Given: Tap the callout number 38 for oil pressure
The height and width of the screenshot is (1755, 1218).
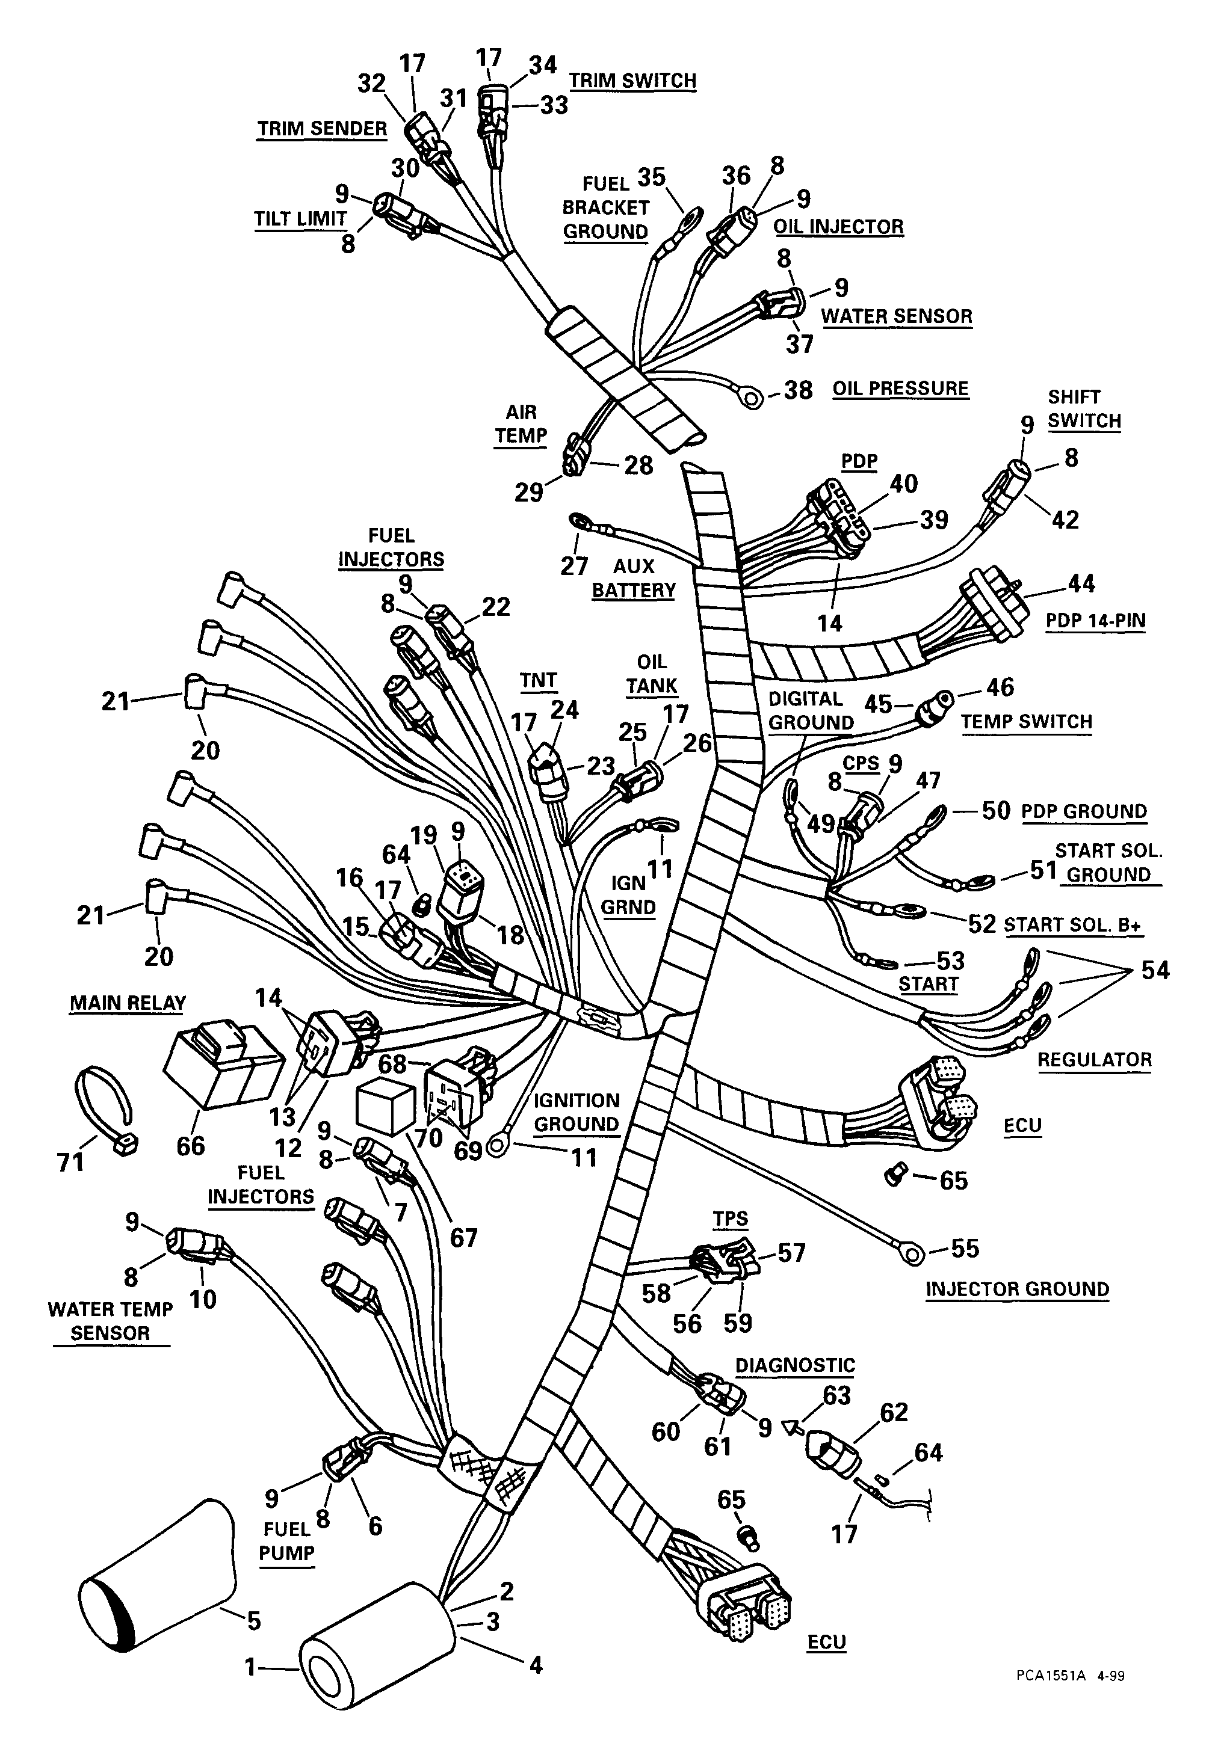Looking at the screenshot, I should (x=799, y=390).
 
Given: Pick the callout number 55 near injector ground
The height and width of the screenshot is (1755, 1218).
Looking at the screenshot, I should (x=965, y=1249).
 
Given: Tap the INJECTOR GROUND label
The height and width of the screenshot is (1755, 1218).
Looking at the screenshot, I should (x=1016, y=1289).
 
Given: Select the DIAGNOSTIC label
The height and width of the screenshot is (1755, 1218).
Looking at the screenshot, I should (x=794, y=1365).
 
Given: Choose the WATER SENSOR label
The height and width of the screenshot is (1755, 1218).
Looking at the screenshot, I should (x=897, y=316).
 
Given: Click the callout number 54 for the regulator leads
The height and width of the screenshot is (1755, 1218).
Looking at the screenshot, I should (x=1155, y=970).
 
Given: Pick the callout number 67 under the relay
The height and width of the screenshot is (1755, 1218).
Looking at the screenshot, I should (x=463, y=1237).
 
